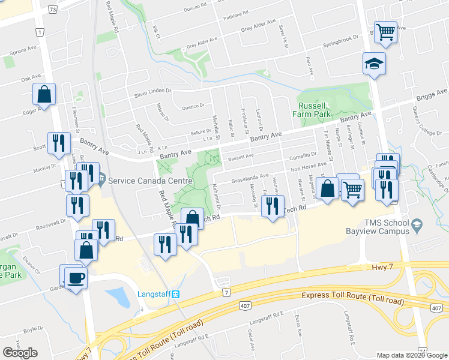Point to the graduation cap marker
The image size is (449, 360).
[373, 64]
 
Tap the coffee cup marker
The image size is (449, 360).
[76, 278]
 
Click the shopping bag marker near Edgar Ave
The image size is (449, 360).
[44, 94]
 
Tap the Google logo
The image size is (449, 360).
[20, 353]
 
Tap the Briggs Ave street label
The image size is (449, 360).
[432, 95]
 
